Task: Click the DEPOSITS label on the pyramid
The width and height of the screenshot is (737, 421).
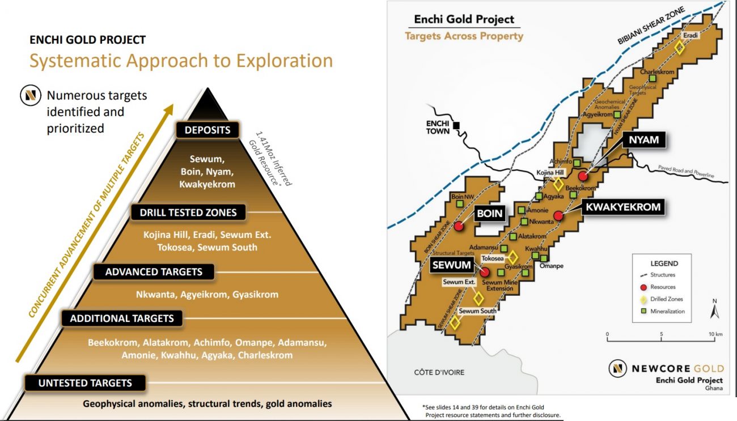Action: [x=207, y=130]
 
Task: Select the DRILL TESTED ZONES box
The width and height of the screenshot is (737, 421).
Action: [x=188, y=212]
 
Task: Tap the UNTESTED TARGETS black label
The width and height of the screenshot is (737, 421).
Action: [x=85, y=383]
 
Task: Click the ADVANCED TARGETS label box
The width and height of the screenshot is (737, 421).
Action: [x=154, y=271]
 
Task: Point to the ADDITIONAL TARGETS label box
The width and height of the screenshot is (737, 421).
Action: [x=122, y=318]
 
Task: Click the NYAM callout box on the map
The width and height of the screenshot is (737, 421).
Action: [x=644, y=140]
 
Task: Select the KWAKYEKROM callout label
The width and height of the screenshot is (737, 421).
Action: [x=623, y=207]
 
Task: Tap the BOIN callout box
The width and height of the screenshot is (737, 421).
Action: [x=490, y=214]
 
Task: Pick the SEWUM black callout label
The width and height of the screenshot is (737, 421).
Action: [x=451, y=265]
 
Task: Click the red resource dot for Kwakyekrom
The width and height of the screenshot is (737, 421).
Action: [x=558, y=216]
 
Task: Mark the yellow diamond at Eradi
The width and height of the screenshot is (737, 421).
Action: [x=680, y=48]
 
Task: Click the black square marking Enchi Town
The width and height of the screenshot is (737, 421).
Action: [x=456, y=125]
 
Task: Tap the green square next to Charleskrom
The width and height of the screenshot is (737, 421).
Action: [x=653, y=78]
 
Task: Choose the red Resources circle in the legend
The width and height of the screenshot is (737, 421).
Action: [x=643, y=287]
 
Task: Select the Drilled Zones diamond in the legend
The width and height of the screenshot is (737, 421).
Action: [x=643, y=299]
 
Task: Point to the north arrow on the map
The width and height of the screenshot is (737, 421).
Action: [x=714, y=312]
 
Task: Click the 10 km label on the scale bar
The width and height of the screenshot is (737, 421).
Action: [x=715, y=334]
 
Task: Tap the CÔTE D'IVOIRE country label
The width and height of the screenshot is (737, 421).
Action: [x=439, y=372]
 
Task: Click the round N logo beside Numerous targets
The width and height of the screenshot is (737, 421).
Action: [x=31, y=95]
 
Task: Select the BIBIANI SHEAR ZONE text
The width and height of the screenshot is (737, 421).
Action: [x=651, y=25]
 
